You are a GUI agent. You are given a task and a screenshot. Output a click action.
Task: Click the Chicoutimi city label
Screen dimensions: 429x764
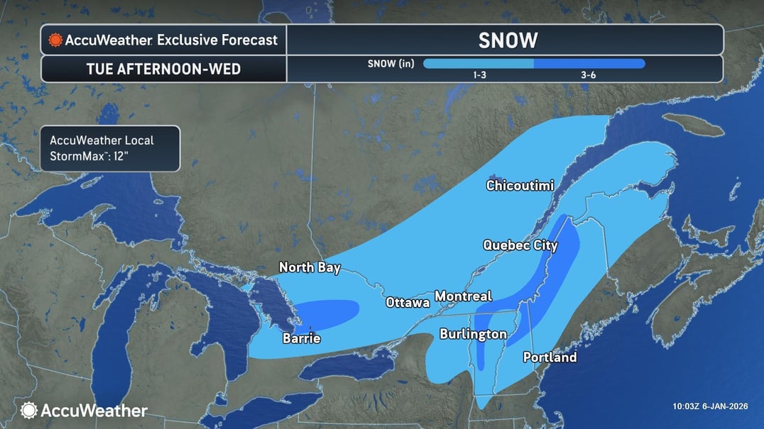(x=520, y=186)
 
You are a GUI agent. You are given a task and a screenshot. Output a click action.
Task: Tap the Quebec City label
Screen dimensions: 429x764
(x=520, y=245)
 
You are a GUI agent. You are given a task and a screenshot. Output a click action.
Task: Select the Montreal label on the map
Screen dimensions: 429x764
(x=463, y=296)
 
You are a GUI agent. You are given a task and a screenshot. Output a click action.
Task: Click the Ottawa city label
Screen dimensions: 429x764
(x=408, y=303)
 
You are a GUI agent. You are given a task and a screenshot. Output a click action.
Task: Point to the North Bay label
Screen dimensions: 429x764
(x=310, y=267)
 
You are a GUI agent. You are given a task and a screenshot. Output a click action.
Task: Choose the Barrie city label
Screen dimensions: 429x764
(x=301, y=338)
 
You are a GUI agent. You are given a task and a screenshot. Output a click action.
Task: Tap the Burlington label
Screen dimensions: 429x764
(x=473, y=334)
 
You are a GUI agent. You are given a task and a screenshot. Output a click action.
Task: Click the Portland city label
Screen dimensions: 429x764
(x=550, y=357)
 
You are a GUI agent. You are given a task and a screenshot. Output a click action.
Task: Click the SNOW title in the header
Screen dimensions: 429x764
(x=508, y=40)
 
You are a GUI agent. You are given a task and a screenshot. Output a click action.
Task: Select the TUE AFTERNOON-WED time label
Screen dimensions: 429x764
(x=163, y=69)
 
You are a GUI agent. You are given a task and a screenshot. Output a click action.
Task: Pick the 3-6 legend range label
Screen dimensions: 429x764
(x=588, y=74)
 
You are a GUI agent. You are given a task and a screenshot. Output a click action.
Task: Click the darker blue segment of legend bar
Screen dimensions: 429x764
(x=589, y=63)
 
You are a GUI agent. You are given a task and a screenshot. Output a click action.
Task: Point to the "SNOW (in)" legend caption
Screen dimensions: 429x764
(x=391, y=63)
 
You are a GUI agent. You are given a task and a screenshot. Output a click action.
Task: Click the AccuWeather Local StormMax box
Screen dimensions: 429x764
(x=110, y=148)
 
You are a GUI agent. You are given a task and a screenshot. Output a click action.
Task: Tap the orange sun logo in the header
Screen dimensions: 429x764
(x=55, y=40)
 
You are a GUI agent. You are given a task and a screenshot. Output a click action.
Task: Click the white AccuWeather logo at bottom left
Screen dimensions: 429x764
(x=84, y=410)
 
